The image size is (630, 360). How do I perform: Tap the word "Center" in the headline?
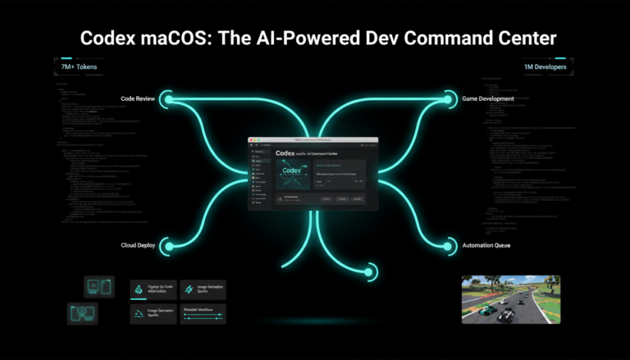coord(519,38)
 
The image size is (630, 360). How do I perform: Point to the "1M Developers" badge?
coord(544,66)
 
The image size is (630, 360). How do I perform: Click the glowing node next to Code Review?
coord(169,99)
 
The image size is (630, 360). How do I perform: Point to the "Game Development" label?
coord(486,98)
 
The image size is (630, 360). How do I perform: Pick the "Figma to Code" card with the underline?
coord(153,290)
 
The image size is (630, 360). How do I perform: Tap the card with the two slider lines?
coord(202,314)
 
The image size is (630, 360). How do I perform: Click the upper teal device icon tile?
coord(98,287)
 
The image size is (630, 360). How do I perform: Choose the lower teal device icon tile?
coord(82,313)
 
